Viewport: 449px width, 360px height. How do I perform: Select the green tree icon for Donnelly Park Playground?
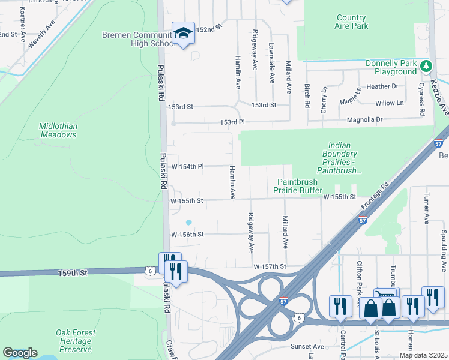point(426,65)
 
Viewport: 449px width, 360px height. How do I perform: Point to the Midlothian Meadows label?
point(58,130)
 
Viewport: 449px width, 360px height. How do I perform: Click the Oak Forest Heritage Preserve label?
point(74,341)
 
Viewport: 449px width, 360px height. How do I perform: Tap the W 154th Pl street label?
point(188,166)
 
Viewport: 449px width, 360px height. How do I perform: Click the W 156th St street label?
point(188,235)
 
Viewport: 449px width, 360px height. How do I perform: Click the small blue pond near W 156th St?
point(188,222)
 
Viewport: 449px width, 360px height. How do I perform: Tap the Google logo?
point(20,353)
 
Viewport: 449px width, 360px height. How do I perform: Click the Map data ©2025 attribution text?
point(423,355)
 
